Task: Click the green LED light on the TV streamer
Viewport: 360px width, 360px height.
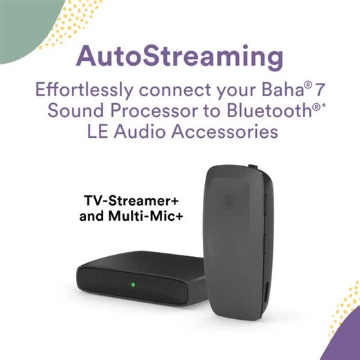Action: pos(130,284)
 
